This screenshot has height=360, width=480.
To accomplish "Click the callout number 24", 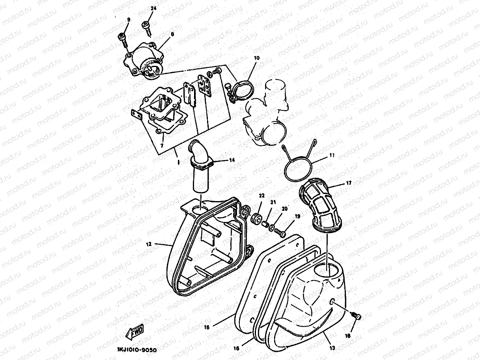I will tap(153, 9).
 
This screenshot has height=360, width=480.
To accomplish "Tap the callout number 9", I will tap(128, 20).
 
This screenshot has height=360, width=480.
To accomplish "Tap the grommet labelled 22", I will tap(256, 218).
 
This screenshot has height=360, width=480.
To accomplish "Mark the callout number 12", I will tap(149, 244).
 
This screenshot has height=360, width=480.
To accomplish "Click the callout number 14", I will tap(232, 160).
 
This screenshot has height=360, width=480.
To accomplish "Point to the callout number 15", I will tap(206, 327).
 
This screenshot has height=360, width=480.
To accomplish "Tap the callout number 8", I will tap(172, 34).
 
